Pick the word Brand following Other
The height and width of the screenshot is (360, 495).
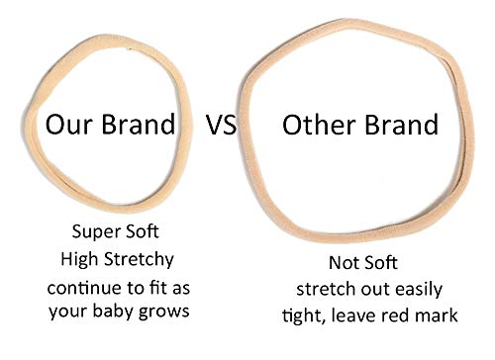pos(398,126)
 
